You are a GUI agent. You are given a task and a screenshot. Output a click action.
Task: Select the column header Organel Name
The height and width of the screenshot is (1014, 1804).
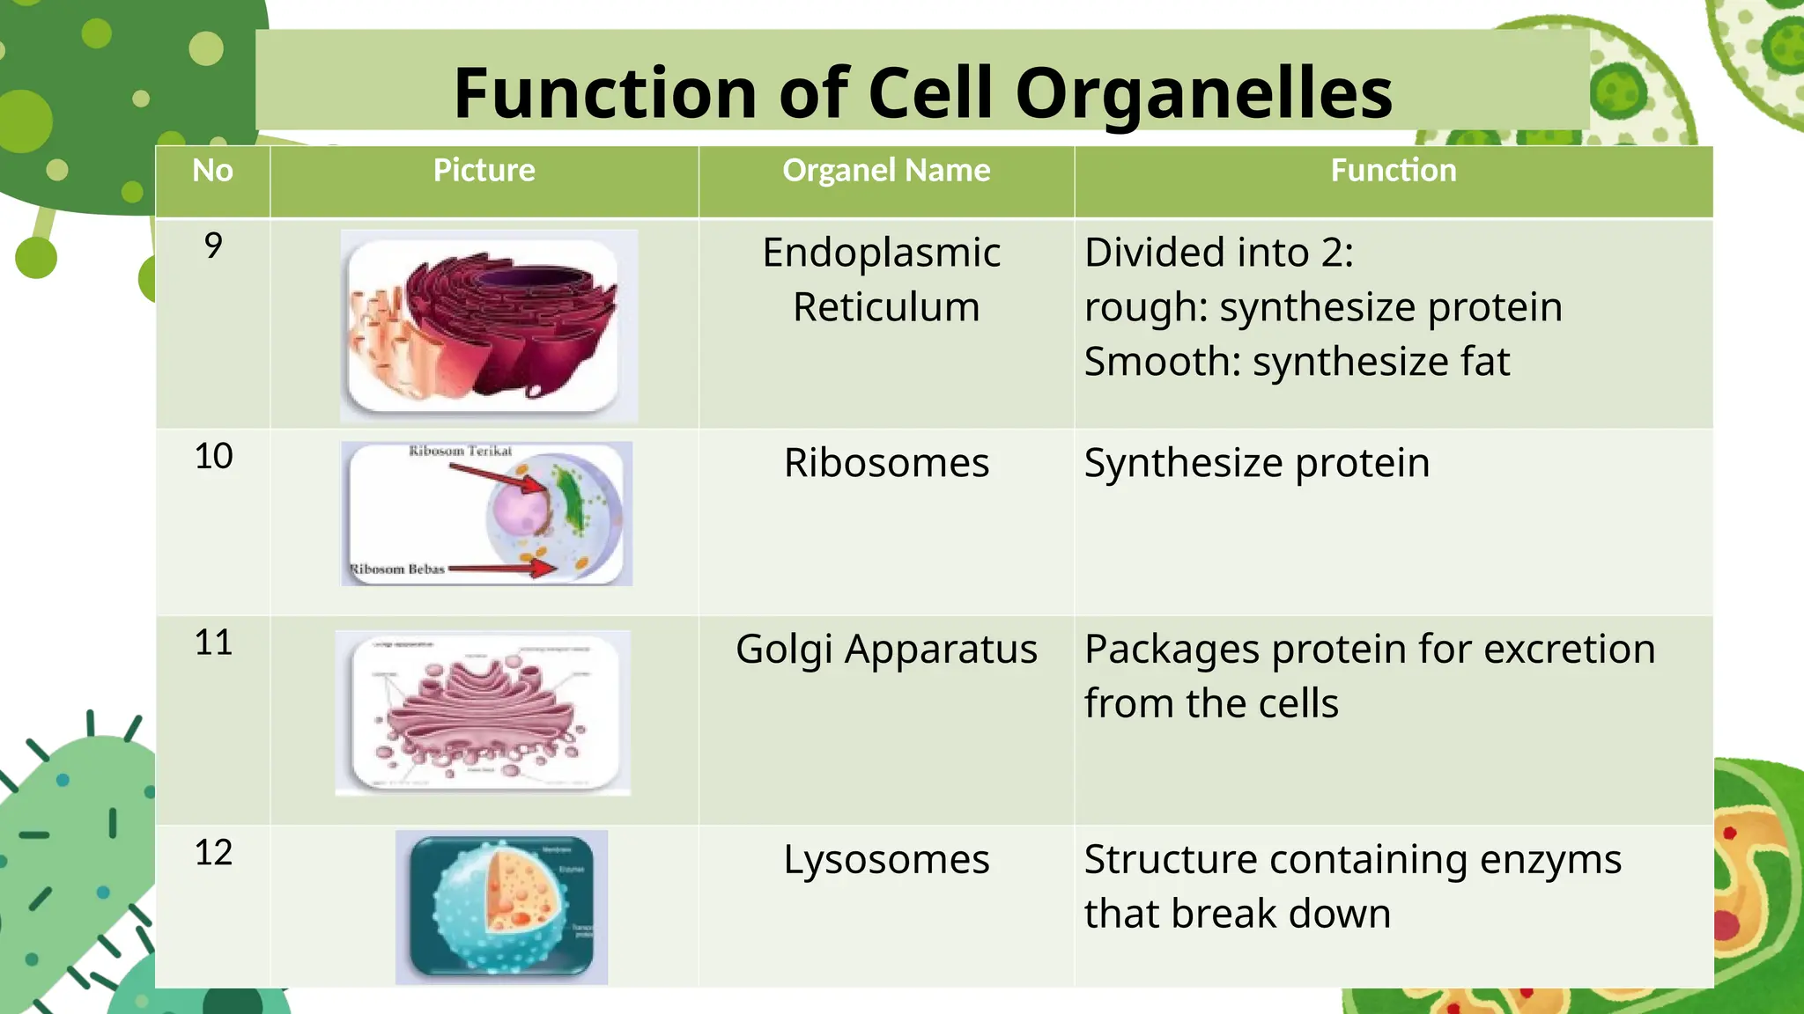point(886,170)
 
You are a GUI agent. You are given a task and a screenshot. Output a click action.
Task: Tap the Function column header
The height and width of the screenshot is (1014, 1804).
point(1393,170)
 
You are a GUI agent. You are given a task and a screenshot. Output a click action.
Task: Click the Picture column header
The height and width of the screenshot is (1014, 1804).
point(484,170)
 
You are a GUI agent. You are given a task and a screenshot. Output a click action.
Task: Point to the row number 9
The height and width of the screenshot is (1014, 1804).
point(213,246)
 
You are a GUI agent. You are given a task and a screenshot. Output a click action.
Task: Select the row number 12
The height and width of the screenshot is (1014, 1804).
point(213,852)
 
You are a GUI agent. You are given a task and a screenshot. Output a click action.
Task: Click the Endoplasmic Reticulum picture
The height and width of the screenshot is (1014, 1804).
point(489,326)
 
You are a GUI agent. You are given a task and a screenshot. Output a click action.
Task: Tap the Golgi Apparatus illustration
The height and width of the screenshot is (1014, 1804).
point(483,713)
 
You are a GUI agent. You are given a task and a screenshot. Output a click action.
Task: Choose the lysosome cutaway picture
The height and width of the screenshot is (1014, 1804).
point(501,907)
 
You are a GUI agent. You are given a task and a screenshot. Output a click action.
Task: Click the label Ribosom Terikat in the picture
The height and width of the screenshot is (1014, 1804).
point(460,451)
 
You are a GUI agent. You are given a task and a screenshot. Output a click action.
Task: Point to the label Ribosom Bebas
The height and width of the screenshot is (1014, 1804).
point(397,569)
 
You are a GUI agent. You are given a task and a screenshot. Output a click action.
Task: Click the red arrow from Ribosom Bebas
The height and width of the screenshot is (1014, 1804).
point(502,569)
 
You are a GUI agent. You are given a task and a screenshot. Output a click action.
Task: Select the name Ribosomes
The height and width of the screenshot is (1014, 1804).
point(886,463)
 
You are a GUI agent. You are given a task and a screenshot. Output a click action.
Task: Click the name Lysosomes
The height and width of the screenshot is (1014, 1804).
point(886,860)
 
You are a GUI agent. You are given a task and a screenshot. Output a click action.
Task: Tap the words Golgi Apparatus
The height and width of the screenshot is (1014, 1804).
point(886,650)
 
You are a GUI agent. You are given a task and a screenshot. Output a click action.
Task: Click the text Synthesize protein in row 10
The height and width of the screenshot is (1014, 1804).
point(1256,463)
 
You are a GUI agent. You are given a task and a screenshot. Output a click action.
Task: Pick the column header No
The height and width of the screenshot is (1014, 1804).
point(213,170)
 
